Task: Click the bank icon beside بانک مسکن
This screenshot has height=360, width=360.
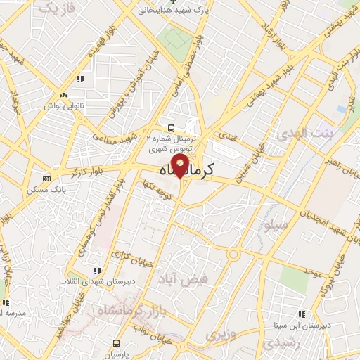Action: click(46, 179)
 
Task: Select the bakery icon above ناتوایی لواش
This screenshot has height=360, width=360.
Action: click(63, 95)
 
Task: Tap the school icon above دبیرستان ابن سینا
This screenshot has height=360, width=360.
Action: click(302, 314)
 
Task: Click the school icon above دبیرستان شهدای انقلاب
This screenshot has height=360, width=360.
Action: click(97, 271)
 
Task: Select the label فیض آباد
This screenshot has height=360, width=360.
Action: click(185, 279)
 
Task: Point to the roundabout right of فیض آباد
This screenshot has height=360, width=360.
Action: click(233, 253)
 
